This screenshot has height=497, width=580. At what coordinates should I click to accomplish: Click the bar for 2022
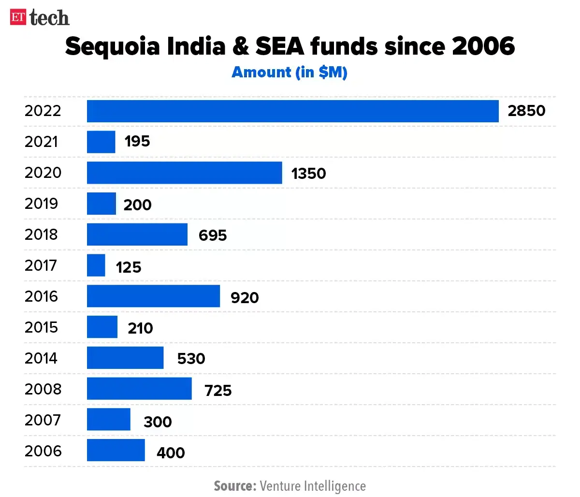click(292, 111)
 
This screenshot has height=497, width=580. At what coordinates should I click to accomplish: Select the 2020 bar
click(184, 173)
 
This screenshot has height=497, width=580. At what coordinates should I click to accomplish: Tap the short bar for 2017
click(96, 265)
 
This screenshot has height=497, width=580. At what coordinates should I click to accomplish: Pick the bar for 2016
click(153, 296)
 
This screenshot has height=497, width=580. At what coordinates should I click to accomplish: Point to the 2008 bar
click(139, 389)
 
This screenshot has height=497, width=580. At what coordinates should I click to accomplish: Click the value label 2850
click(526, 111)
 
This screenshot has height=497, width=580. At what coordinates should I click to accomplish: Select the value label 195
click(137, 142)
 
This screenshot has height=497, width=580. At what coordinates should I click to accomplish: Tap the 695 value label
click(213, 235)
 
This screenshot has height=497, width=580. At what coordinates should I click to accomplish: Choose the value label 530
click(191, 359)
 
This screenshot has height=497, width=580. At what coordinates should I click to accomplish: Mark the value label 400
click(171, 453)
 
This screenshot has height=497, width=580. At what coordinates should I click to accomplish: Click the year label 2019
click(42, 204)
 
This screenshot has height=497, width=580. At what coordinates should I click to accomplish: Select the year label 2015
click(42, 327)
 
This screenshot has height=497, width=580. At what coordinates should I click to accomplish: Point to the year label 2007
click(43, 420)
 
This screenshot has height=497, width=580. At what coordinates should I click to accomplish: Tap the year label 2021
click(42, 142)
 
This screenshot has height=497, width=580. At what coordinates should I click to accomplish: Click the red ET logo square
click(18, 17)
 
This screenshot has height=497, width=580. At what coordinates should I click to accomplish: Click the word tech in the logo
click(49, 18)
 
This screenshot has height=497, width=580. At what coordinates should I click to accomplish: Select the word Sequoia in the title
click(113, 47)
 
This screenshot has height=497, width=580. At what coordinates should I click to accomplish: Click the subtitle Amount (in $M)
click(290, 73)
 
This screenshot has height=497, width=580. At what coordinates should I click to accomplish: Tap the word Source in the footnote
click(235, 485)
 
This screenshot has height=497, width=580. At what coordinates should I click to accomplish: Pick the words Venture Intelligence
click(313, 485)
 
